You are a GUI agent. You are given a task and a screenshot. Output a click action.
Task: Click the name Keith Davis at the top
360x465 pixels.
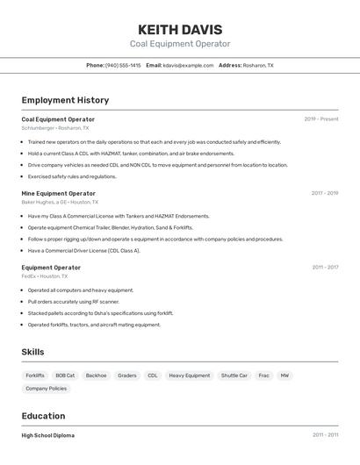180,29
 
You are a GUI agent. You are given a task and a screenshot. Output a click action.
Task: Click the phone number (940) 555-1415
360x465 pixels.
122,65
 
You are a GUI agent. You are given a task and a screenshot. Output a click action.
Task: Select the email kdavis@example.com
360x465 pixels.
188,65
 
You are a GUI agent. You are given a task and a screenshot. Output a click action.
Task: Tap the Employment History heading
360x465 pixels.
65,100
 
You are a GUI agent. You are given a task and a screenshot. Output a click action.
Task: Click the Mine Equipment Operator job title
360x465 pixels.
59,193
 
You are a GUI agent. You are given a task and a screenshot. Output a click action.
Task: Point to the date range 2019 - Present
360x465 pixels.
321,118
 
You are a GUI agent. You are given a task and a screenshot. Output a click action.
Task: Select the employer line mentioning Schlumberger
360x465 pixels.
54,128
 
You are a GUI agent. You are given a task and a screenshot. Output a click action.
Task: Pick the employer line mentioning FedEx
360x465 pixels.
44,276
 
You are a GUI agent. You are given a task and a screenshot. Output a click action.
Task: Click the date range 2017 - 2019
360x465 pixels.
325,193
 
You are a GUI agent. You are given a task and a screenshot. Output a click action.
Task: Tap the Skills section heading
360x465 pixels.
32,352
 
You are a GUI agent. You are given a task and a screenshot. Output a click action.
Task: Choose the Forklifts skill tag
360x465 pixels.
35,376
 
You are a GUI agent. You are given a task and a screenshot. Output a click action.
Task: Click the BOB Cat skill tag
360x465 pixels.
65,376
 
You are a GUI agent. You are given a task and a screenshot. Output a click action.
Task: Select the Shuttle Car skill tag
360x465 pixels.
234,376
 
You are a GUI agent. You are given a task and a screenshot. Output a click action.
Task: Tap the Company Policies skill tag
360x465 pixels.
46,388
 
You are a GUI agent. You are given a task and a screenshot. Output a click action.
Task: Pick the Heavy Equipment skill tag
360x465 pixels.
190,376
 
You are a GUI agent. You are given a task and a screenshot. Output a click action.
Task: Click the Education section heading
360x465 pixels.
43,416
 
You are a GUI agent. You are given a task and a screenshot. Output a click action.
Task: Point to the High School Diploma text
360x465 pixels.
47,435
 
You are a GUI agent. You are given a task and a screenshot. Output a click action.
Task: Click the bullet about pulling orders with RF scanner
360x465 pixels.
73,301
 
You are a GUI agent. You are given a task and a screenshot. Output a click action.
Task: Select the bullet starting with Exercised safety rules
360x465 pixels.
72,176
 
